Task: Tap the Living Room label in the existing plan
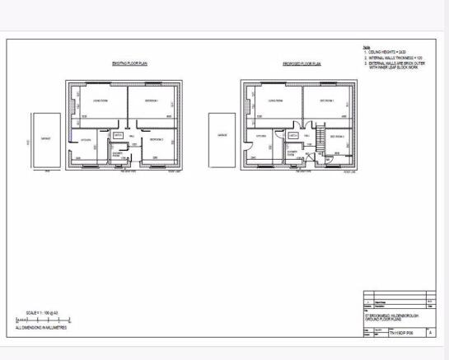[100, 101]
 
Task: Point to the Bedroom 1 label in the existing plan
[153, 101]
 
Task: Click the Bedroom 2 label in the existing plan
[157, 140]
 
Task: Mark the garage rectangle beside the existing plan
[44, 141]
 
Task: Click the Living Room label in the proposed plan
[275, 102]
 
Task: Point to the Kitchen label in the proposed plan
[261, 137]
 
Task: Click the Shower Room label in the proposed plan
[292, 153]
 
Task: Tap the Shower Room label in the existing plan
[118, 153]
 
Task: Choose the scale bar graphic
[43, 318]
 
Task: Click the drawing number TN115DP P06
[400, 332]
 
